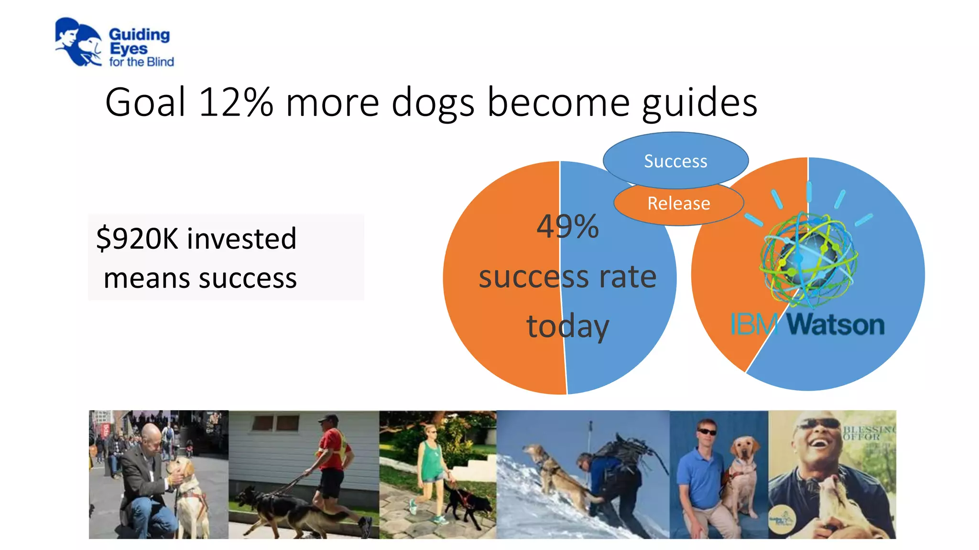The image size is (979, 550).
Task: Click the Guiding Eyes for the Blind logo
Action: point(114,43)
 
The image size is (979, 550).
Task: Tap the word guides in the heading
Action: point(699,103)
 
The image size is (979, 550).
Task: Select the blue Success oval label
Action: point(675,161)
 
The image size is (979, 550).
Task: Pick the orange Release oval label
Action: point(678,204)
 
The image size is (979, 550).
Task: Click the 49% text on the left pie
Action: point(567,226)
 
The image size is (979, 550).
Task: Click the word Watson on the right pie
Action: point(836,325)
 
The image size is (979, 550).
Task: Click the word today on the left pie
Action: point(567,327)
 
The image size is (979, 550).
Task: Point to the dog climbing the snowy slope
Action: point(555,473)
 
